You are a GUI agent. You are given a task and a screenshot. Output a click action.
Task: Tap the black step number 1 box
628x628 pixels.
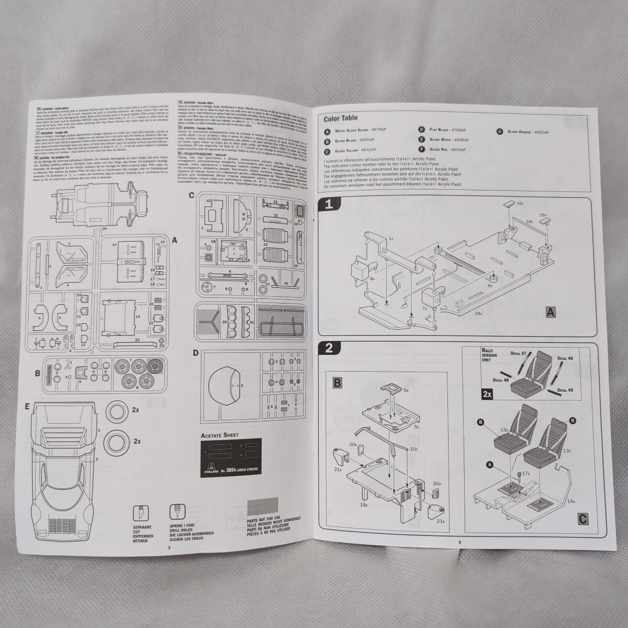(329, 205)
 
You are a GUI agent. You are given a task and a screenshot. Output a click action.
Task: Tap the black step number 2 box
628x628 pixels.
(329, 349)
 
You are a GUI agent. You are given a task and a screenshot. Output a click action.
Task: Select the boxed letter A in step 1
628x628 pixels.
(550, 312)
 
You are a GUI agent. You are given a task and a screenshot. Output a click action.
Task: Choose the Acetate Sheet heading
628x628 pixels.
(220, 435)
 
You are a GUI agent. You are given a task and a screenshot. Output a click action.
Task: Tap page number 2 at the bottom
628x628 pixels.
(169, 547)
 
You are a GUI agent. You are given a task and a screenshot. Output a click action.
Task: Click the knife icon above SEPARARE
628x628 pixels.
(141, 512)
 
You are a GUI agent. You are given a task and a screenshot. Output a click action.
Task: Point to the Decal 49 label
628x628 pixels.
(564, 390)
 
